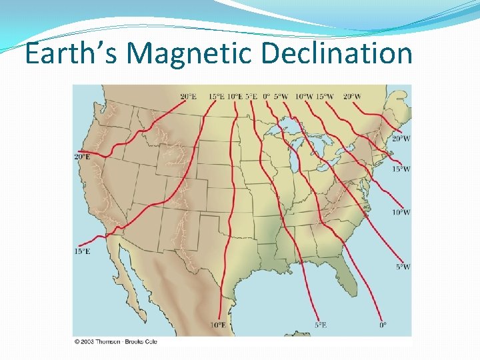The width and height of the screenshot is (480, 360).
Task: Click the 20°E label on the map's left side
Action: click(x=82, y=157)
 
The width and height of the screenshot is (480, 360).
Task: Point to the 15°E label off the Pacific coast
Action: click(x=82, y=251)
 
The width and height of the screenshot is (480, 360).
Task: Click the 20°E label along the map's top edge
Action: click(x=188, y=97)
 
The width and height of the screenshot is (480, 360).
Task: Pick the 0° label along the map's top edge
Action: click(x=266, y=97)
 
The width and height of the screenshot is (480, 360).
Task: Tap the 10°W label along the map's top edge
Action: click(x=303, y=97)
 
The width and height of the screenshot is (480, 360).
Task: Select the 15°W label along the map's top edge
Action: click(x=325, y=97)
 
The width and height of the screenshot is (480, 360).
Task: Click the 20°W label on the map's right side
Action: click(x=401, y=139)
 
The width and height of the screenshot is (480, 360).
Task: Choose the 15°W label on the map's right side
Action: click(x=401, y=169)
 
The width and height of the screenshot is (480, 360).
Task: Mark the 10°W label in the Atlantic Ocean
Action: click(x=401, y=212)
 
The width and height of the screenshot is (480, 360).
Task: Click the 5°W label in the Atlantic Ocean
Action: click(x=403, y=267)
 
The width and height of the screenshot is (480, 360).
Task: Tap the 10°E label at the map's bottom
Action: click(x=218, y=325)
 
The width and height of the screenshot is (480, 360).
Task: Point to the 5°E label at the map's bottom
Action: click(x=321, y=325)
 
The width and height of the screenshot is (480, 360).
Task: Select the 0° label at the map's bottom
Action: click(x=383, y=325)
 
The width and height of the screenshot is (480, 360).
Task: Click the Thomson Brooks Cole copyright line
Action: click(x=115, y=341)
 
